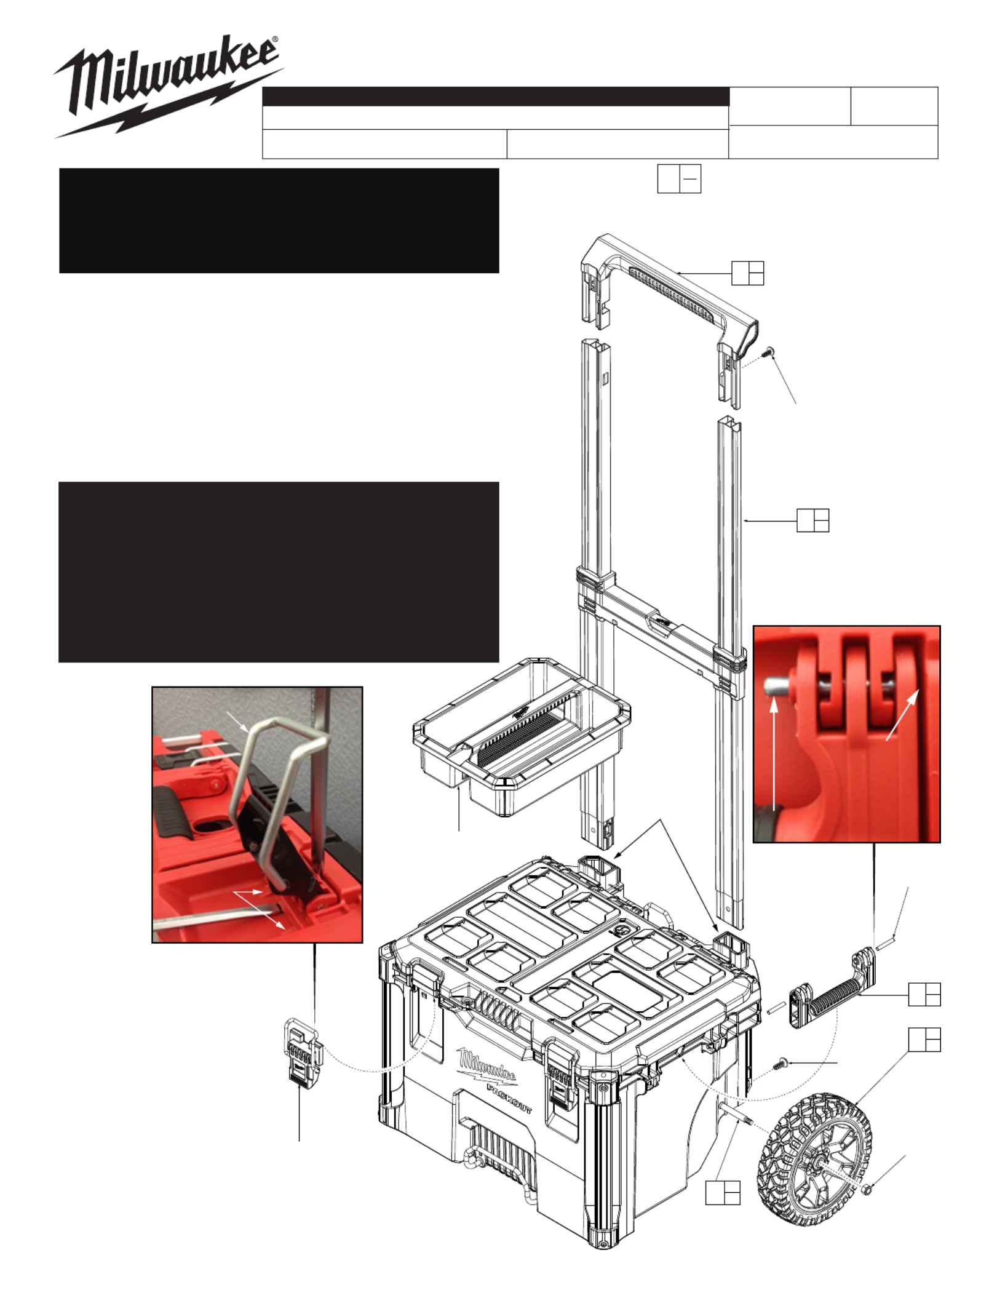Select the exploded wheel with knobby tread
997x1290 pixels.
(x=814, y=1159)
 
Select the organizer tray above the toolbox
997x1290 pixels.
(x=522, y=735)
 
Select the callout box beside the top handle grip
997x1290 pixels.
(x=747, y=273)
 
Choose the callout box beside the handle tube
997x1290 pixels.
(x=812, y=520)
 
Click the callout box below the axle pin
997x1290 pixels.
(x=723, y=1192)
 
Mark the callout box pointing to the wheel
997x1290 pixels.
(x=924, y=1040)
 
